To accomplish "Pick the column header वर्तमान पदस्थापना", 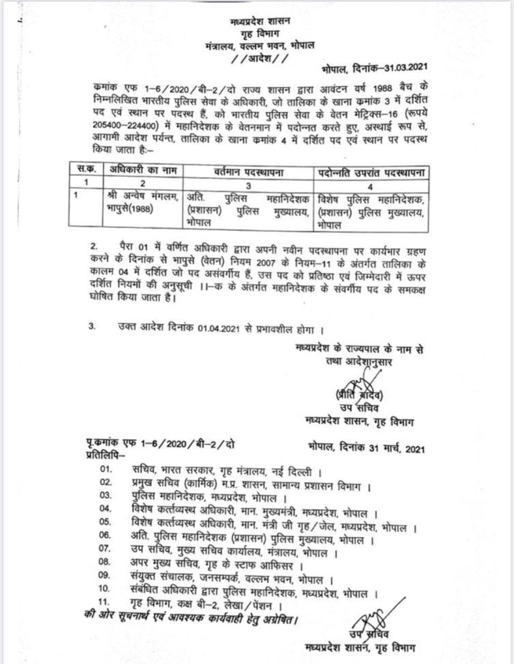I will [249, 171].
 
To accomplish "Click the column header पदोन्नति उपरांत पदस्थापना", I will [371, 171].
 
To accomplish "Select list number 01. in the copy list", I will [107, 472].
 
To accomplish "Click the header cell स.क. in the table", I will [86, 170].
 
